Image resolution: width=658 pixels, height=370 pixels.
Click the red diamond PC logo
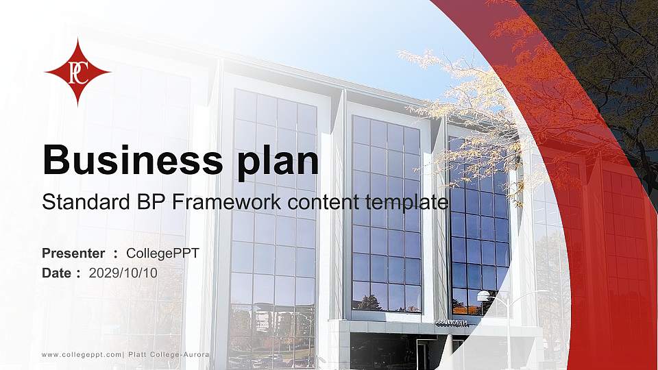click(77, 72)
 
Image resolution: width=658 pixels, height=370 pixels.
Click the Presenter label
click(73, 254)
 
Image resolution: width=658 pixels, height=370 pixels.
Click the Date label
click(57, 273)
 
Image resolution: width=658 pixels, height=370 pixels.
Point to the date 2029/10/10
click(123, 273)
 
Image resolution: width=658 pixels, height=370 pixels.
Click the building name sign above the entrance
click(452, 323)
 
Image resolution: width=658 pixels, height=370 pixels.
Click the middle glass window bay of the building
click(386, 212)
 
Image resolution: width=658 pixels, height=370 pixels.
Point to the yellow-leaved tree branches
click(466, 103)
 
